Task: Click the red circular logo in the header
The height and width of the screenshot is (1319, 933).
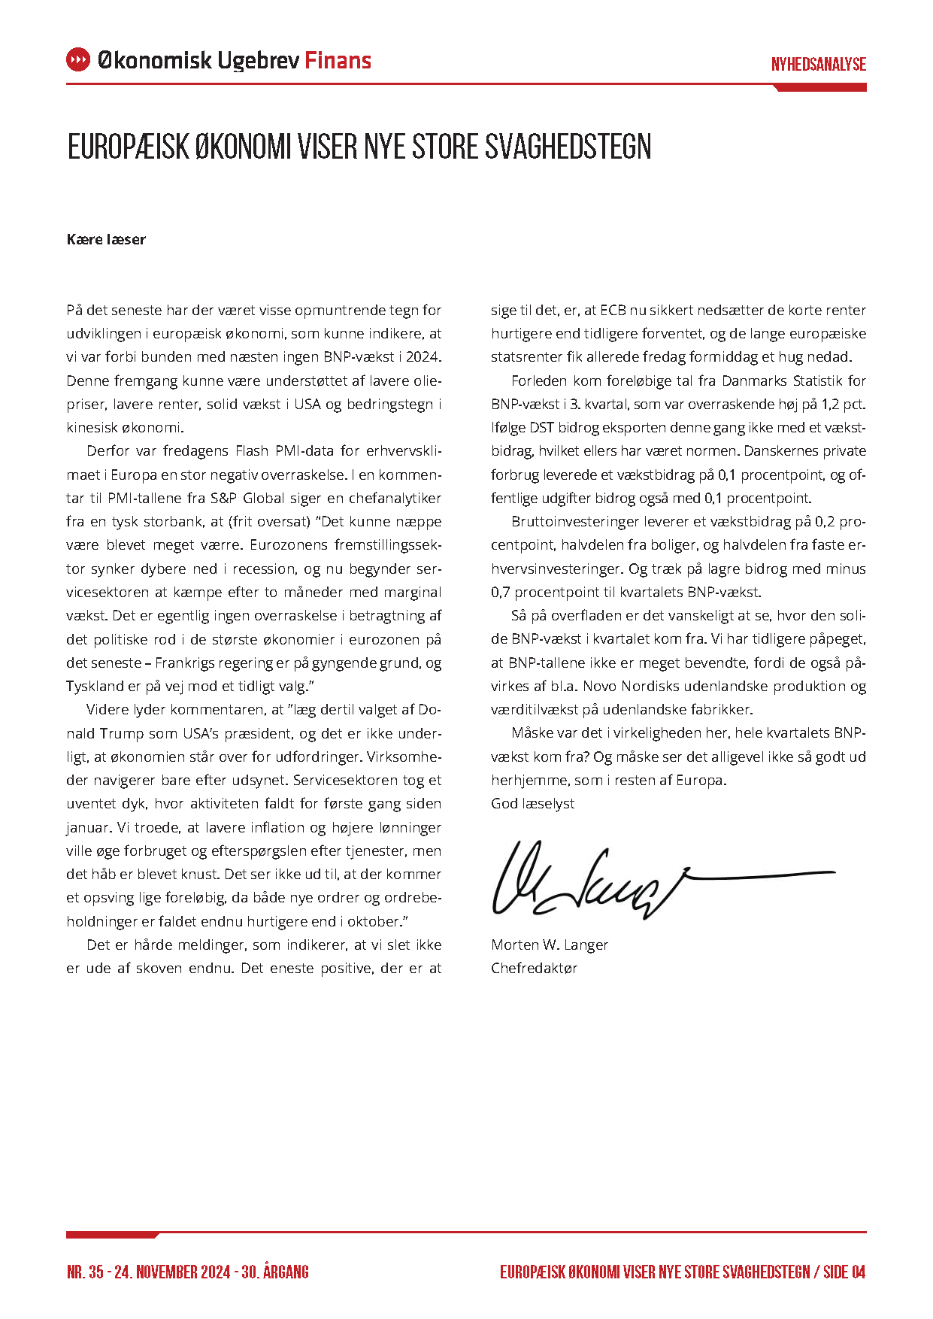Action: (x=78, y=60)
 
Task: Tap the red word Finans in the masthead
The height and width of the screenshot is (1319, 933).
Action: (x=338, y=60)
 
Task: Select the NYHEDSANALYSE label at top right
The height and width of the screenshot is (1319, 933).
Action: (x=818, y=65)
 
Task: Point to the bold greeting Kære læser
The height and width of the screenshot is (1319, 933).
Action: (x=106, y=240)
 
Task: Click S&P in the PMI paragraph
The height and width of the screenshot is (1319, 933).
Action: (x=223, y=498)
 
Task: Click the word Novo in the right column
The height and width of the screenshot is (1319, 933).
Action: (x=601, y=686)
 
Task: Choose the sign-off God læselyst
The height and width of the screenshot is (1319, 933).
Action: (x=532, y=803)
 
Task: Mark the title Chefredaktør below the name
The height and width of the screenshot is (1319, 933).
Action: (x=534, y=968)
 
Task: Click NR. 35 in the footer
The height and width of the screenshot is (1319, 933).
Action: (x=85, y=1272)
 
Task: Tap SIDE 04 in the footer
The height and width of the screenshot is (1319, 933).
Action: (x=844, y=1272)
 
